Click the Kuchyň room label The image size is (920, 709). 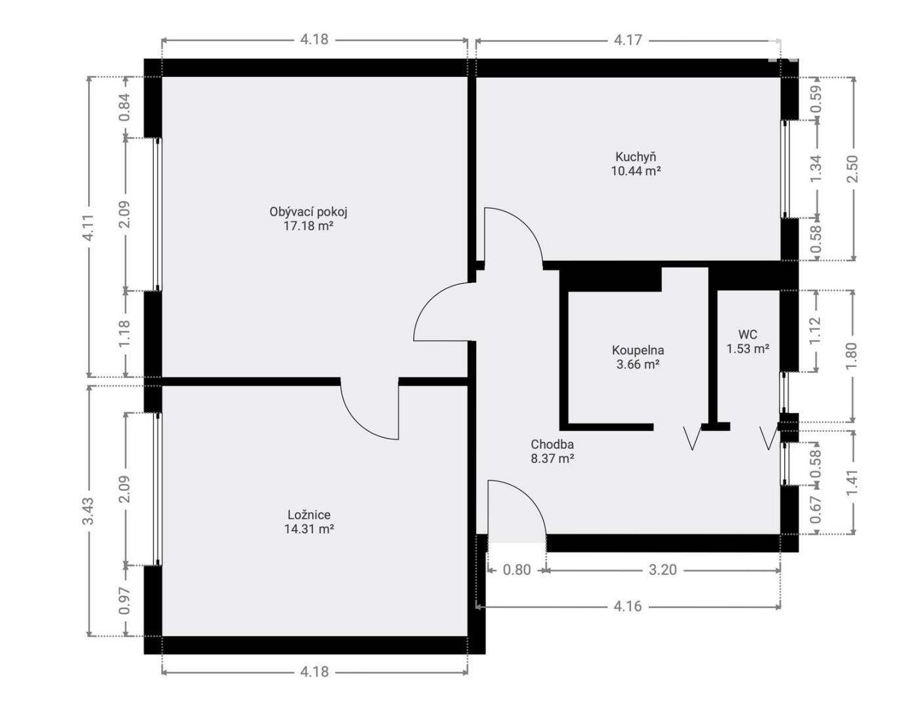636,157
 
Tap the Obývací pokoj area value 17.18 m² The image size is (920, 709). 308,226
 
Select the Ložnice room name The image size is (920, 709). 309,515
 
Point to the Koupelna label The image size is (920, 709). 638,351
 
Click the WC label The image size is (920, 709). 748,334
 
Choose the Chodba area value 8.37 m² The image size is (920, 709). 552,458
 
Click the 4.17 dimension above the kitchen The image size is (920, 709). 628,40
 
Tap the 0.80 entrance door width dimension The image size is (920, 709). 517,570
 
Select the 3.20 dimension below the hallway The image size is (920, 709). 663,570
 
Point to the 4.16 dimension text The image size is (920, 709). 628,607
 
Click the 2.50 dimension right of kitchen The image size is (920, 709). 852,169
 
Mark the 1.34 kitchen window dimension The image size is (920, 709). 816,169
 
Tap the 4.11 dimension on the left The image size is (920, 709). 88,227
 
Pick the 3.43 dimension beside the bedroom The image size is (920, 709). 88,511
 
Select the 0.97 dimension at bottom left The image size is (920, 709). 125,601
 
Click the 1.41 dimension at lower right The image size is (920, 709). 852,482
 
